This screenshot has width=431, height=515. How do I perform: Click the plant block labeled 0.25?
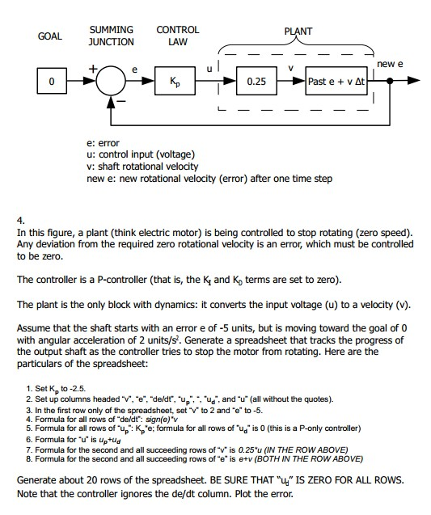[256, 82]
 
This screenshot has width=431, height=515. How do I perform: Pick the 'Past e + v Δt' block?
[336, 82]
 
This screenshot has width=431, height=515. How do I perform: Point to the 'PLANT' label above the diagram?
[298, 32]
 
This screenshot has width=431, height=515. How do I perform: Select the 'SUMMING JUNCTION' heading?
[111, 36]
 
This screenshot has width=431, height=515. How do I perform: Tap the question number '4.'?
[20, 219]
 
